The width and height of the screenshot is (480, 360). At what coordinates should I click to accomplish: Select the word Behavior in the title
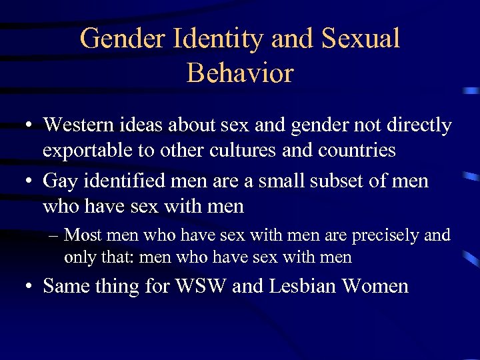pos(240,73)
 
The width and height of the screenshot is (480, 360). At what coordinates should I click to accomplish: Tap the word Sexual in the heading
pos(360,39)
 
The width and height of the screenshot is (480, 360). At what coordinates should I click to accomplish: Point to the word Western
pos(79,125)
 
